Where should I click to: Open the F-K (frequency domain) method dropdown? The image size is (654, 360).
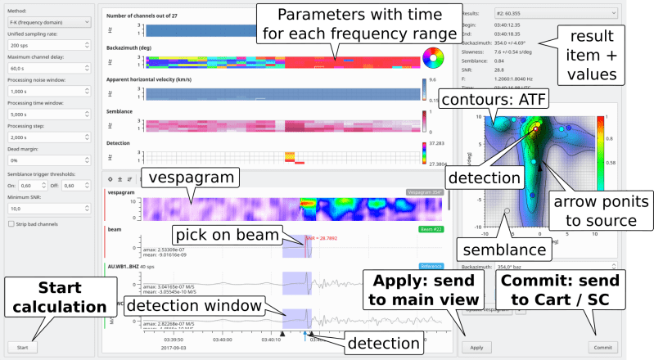tap(48, 23)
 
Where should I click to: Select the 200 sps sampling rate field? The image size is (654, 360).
tap(48, 46)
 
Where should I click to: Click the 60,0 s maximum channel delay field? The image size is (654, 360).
tap(48, 69)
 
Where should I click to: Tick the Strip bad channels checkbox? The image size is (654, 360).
tap(10, 223)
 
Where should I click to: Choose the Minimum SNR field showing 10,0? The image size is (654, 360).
tap(48, 209)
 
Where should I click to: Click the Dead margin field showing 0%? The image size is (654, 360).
tap(48, 160)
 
